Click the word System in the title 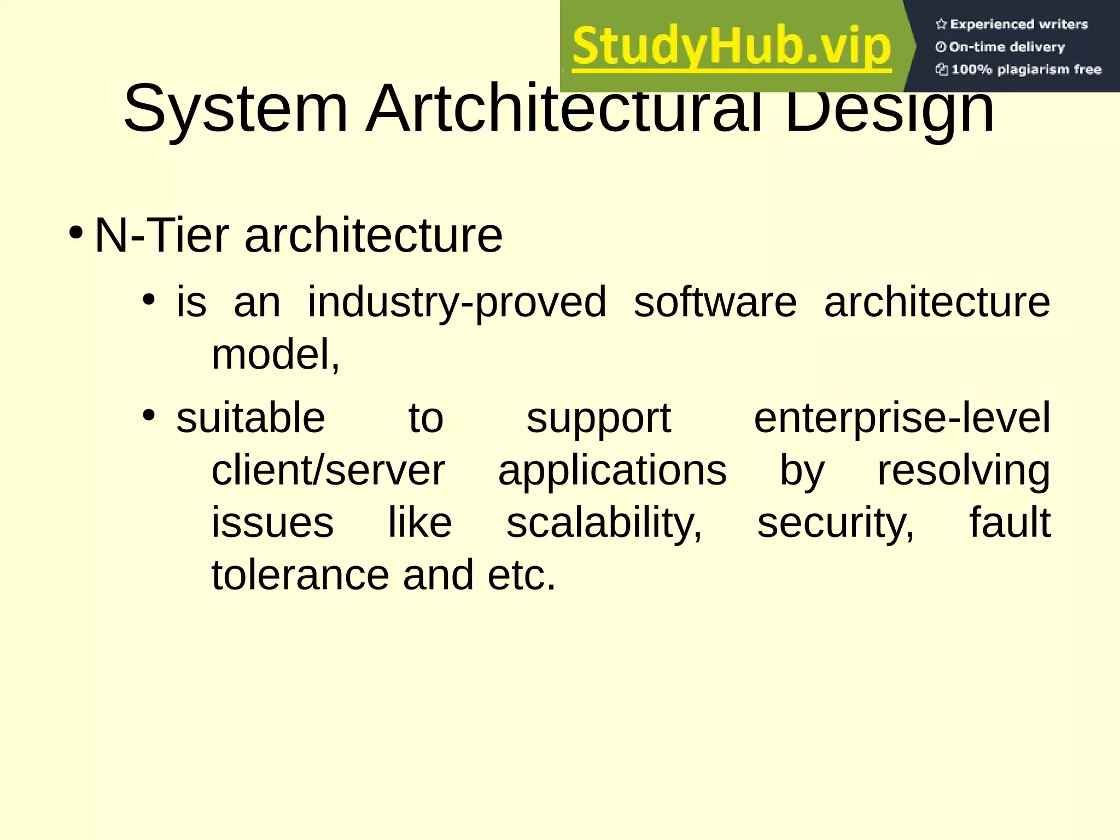pos(235,109)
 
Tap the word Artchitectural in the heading pos(563,109)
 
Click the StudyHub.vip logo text pos(732,47)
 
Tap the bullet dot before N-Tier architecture pos(76,232)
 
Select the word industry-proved pos(457,302)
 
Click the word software pos(715,302)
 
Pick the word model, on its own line pos(276,354)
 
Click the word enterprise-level pos(902,418)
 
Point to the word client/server pos(328,471)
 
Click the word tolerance pos(300,575)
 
